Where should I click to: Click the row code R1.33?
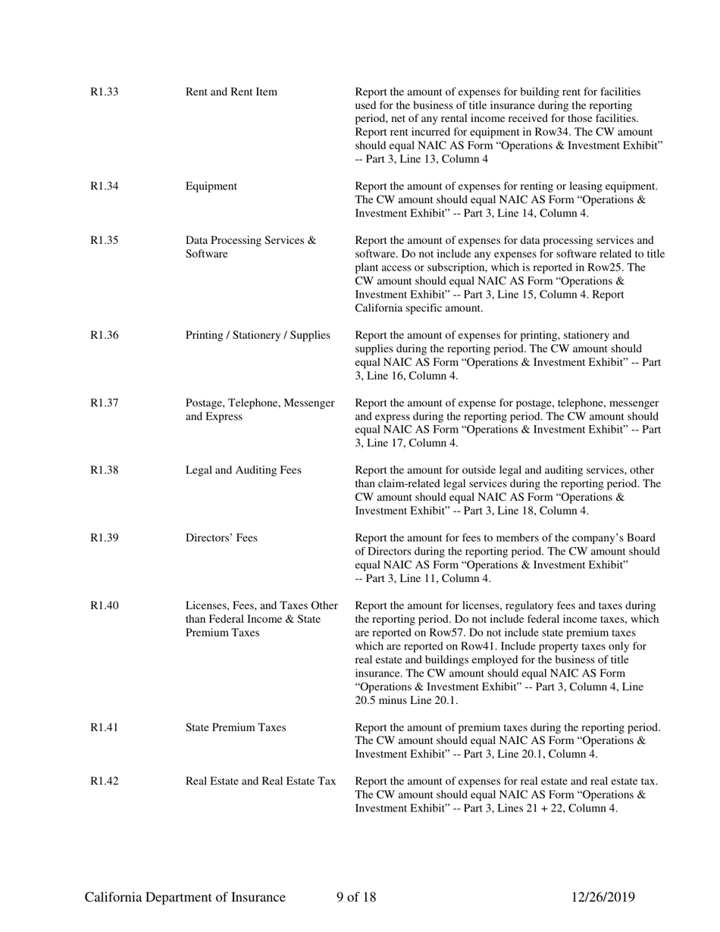[x=105, y=92]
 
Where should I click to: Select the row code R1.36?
[x=105, y=335]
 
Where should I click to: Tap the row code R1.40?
[x=105, y=605]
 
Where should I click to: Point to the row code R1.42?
[x=105, y=781]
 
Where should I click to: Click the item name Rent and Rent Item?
[x=231, y=92]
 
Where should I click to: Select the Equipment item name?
[x=211, y=186]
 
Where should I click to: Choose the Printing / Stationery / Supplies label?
[x=258, y=335]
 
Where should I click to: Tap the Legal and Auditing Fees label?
[x=243, y=471]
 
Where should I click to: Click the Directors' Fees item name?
[x=221, y=538]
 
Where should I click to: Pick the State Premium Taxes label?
[x=236, y=727]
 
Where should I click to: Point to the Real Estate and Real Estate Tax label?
[x=261, y=781]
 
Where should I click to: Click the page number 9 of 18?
[x=356, y=898]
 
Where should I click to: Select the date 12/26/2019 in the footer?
[x=603, y=898]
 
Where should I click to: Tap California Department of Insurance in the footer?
[x=185, y=898]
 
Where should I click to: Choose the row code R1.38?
[x=105, y=471]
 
